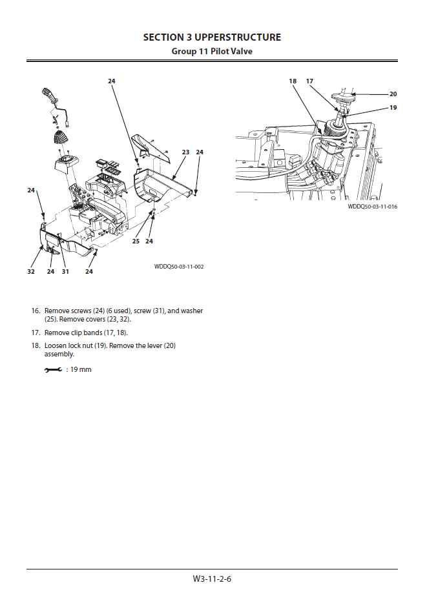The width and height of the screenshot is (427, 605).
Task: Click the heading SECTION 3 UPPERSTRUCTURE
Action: pyautogui.click(x=212, y=37)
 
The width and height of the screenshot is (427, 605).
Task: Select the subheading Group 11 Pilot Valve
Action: pyautogui.click(x=212, y=51)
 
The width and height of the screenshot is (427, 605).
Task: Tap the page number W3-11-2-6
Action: pyautogui.click(x=212, y=579)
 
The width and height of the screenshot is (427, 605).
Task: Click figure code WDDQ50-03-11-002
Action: pyautogui.click(x=179, y=266)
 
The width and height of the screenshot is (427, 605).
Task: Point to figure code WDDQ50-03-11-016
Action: pyautogui.click(x=372, y=207)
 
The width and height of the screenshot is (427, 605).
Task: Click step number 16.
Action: pyautogui.click(x=36, y=311)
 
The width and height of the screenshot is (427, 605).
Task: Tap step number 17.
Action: pyautogui.click(x=36, y=333)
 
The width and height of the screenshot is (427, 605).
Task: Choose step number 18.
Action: pyautogui.click(x=36, y=345)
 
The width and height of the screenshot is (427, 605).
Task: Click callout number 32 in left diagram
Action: pyautogui.click(x=31, y=272)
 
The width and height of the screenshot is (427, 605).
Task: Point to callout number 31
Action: pyautogui.click(x=65, y=272)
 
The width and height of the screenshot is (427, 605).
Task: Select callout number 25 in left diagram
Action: pyautogui.click(x=136, y=241)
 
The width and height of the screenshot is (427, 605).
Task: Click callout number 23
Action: pyautogui.click(x=185, y=152)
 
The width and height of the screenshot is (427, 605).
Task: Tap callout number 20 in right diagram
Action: pyautogui.click(x=393, y=94)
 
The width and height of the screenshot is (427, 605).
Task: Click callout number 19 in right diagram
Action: pyautogui.click(x=393, y=108)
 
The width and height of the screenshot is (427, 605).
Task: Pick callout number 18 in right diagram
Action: pyautogui.click(x=293, y=81)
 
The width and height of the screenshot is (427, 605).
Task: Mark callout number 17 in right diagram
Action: pyautogui.click(x=309, y=81)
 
